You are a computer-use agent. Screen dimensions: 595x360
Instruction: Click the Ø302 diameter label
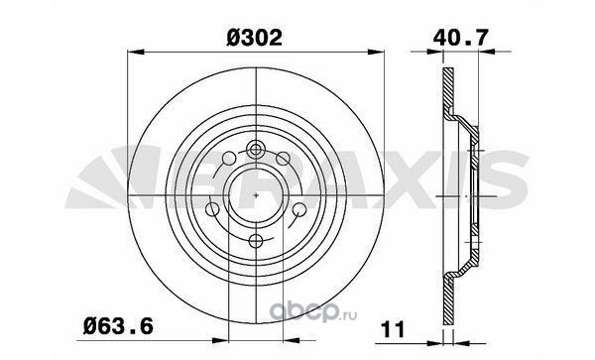(x=254, y=38)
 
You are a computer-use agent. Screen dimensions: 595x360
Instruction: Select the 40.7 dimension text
(x=460, y=37)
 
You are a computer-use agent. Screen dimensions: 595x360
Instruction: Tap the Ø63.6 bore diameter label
(x=118, y=326)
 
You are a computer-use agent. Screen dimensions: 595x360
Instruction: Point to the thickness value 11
(x=394, y=329)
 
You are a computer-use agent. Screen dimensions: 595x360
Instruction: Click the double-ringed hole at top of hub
(x=256, y=149)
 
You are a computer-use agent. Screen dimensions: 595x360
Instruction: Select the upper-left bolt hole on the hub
(x=230, y=159)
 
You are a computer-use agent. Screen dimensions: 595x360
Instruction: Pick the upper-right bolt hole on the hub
(x=283, y=159)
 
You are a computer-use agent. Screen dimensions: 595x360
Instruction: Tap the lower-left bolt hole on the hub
(x=212, y=209)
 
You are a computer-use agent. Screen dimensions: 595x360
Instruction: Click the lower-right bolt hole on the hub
(x=299, y=209)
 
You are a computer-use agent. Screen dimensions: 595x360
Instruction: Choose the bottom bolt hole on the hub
(x=256, y=241)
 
